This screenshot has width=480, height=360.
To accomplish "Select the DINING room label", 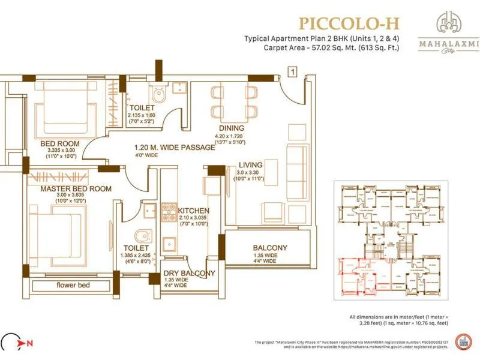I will coord(231,128).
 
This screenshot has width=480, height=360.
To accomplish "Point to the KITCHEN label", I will coord(194,211).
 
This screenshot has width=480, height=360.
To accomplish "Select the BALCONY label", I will coord(270,248).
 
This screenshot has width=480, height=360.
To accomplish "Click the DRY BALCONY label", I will coord(190,274).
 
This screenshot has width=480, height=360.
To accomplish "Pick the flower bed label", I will coord(74,284).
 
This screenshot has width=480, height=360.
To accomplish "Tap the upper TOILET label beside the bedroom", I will coord(142,107).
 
